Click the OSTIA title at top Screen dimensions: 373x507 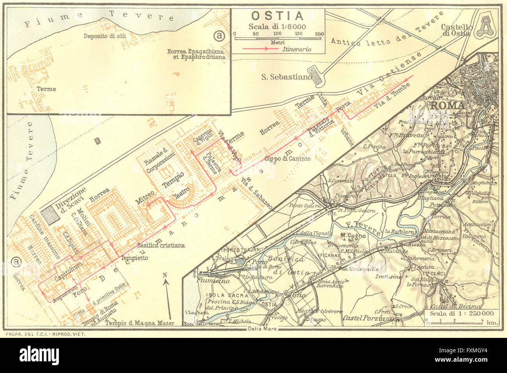(277, 16)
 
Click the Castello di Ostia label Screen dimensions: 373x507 (456, 30)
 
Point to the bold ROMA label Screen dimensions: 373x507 (447, 106)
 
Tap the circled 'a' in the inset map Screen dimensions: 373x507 (220, 36)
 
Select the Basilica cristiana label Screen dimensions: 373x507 (161, 245)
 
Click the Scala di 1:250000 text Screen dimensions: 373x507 (461, 313)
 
